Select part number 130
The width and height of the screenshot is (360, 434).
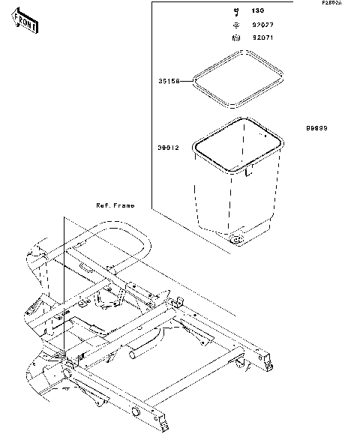259,11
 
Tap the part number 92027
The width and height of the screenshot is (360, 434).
262,24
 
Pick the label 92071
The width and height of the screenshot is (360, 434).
262,37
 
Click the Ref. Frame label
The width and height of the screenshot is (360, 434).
115,205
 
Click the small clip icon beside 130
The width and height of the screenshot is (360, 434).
235,11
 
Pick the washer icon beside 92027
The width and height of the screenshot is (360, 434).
235,24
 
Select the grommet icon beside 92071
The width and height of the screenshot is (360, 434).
235,37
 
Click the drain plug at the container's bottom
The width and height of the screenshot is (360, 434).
238,240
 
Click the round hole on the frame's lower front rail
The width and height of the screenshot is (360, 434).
136,412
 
